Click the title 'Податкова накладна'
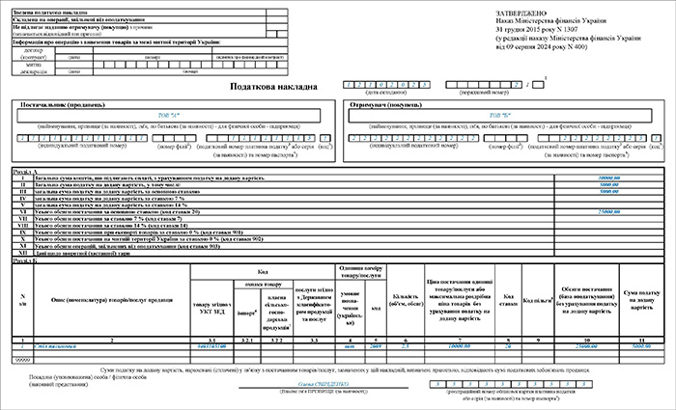[274, 86]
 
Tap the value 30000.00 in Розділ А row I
[608, 178]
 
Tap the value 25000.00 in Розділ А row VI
[608, 209]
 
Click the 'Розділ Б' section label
[25, 260]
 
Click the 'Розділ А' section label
[25, 171]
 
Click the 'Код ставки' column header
[510, 300]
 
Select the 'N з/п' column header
[23, 299]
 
